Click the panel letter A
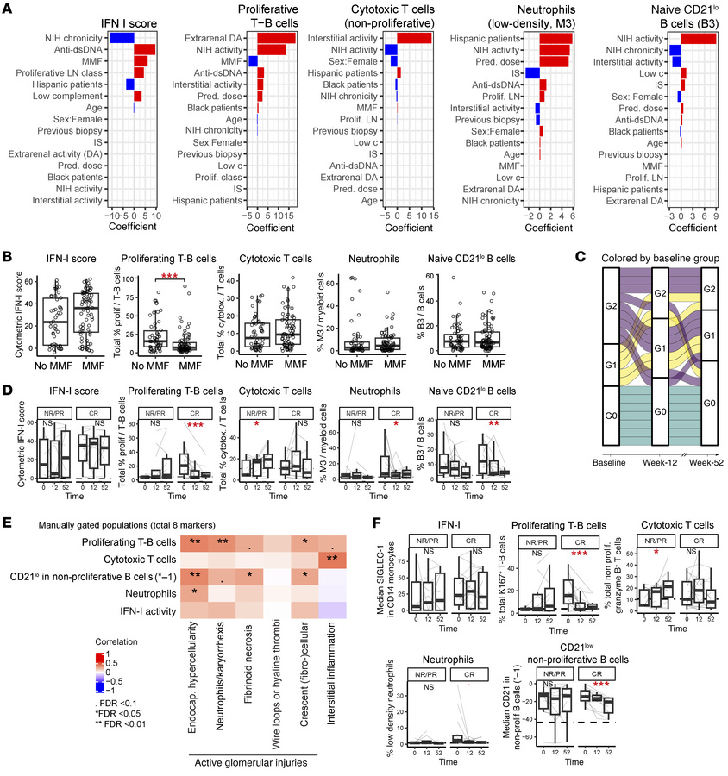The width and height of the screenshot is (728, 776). (9, 9)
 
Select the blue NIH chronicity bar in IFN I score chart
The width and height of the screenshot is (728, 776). (121, 38)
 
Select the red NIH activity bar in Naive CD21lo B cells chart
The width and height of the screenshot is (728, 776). (699, 38)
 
